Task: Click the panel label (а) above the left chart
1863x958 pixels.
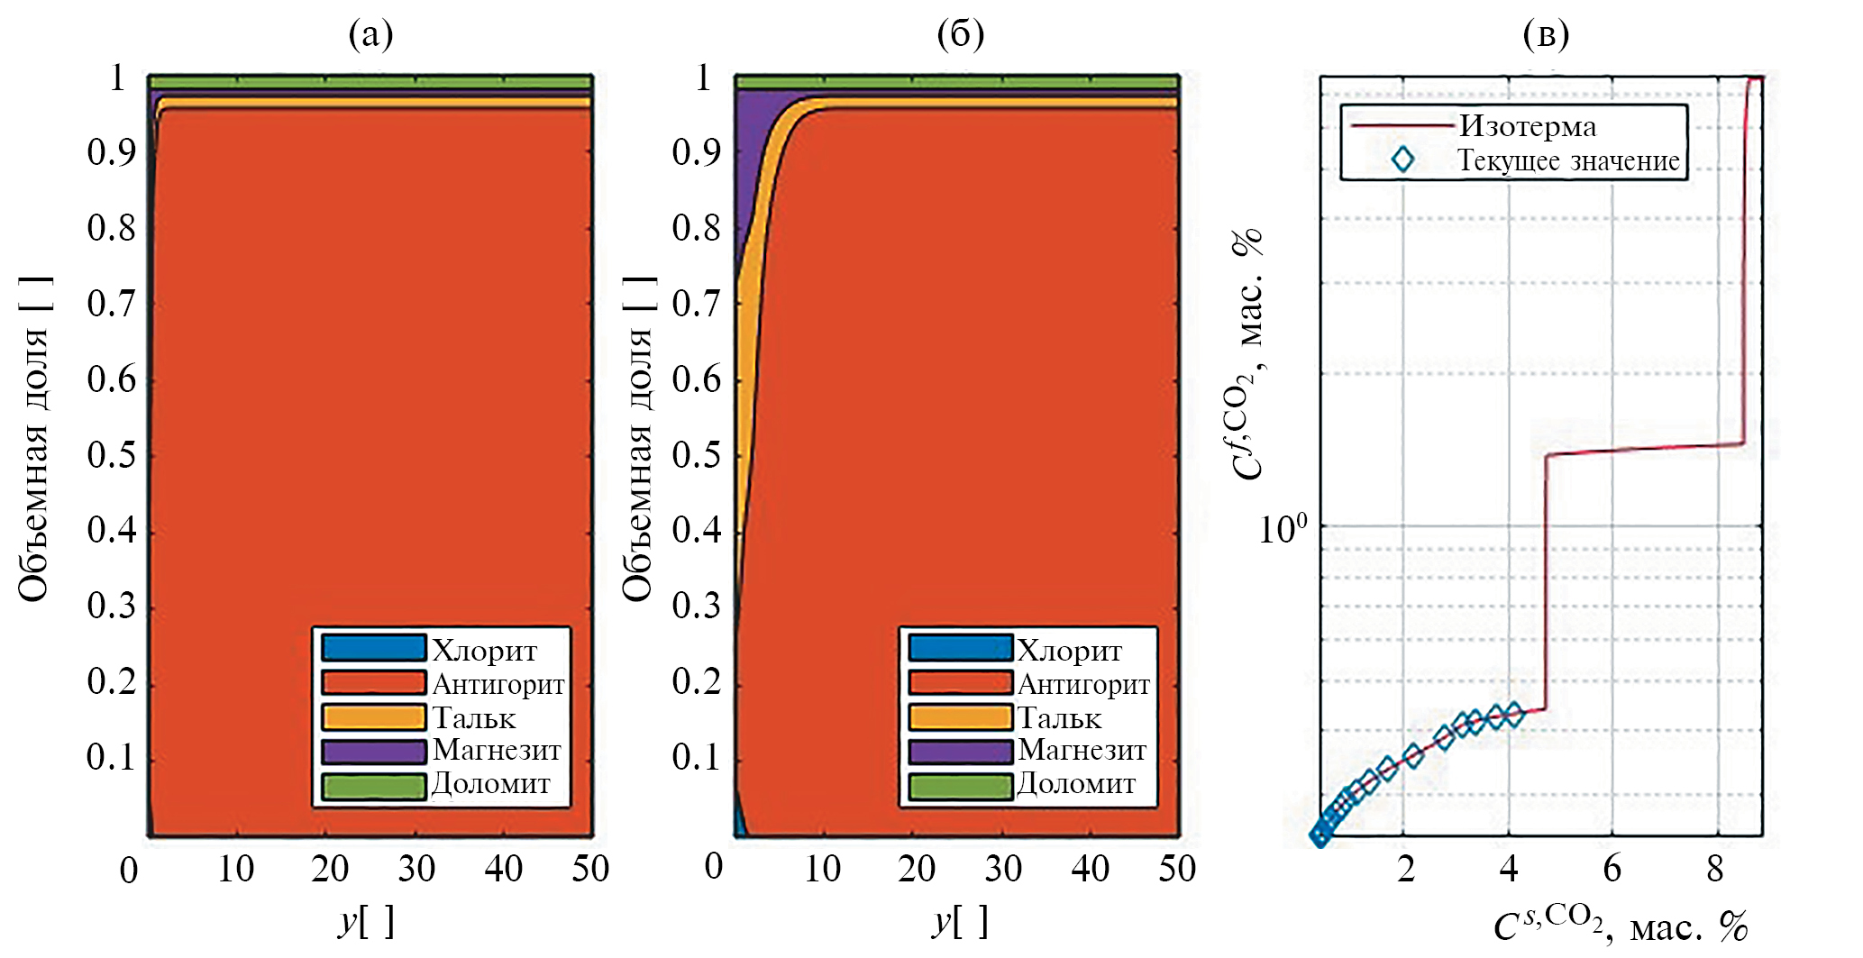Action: (x=370, y=34)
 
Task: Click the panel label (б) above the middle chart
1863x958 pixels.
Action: (x=960, y=34)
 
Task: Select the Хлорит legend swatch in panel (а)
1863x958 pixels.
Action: (x=373, y=648)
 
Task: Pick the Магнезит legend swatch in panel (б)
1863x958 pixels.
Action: (x=960, y=751)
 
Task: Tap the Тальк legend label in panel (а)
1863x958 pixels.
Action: (x=474, y=718)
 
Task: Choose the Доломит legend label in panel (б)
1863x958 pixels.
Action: (x=1076, y=784)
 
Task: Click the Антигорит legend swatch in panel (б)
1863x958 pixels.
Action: (x=960, y=683)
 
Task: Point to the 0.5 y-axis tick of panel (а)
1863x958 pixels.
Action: (x=112, y=455)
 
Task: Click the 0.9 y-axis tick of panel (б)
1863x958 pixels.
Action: (x=697, y=153)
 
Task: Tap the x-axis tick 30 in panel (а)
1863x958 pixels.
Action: (x=416, y=869)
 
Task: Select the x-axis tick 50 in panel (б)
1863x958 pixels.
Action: (x=1177, y=869)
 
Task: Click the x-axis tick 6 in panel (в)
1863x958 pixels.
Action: (x=1612, y=869)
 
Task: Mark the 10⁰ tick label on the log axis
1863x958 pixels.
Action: (x=1282, y=528)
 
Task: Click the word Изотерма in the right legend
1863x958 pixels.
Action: (x=1528, y=126)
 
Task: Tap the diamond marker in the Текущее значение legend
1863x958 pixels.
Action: (x=1402, y=160)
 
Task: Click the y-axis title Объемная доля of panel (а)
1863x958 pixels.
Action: (x=33, y=439)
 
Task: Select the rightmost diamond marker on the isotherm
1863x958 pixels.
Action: (x=1513, y=715)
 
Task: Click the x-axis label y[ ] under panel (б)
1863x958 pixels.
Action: (x=960, y=921)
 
